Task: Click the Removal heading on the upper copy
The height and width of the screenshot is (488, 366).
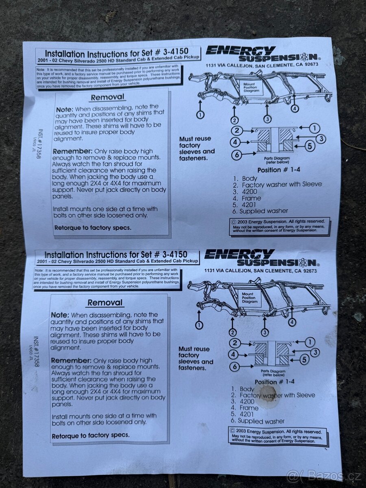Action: [107, 98]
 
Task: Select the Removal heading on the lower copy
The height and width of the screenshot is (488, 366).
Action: [105, 303]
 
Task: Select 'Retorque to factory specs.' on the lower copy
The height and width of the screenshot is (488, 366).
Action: [90, 436]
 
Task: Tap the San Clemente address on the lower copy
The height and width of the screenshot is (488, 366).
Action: [261, 270]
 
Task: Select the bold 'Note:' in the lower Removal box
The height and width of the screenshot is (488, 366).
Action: [60, 315]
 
